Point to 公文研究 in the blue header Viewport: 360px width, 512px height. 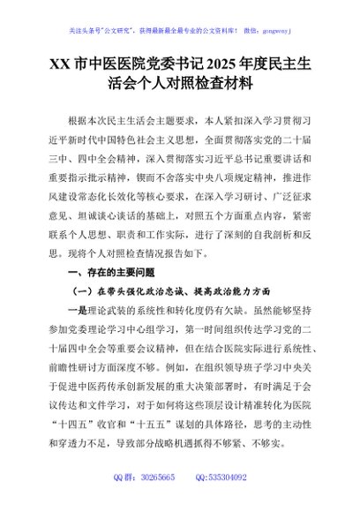coord(116,12)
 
